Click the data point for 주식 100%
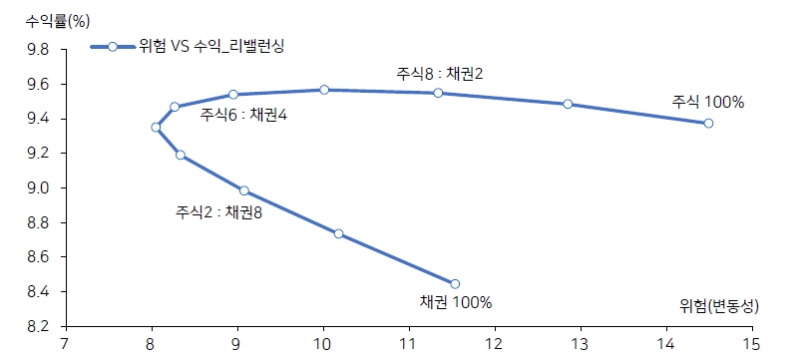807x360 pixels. (708, 123)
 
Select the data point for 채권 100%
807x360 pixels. (455, 283)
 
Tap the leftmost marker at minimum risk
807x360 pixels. (156, 127)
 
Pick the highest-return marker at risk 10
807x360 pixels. (324, 90)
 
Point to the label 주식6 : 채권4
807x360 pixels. (243, 115)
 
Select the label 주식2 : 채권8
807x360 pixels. (218, 211)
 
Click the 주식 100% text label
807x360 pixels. (708, 102)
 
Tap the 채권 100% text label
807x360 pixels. (456, 303)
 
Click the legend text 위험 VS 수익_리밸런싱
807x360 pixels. (210, 47)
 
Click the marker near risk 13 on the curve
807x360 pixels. (568, 104)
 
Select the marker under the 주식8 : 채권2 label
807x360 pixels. (438, 93)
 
